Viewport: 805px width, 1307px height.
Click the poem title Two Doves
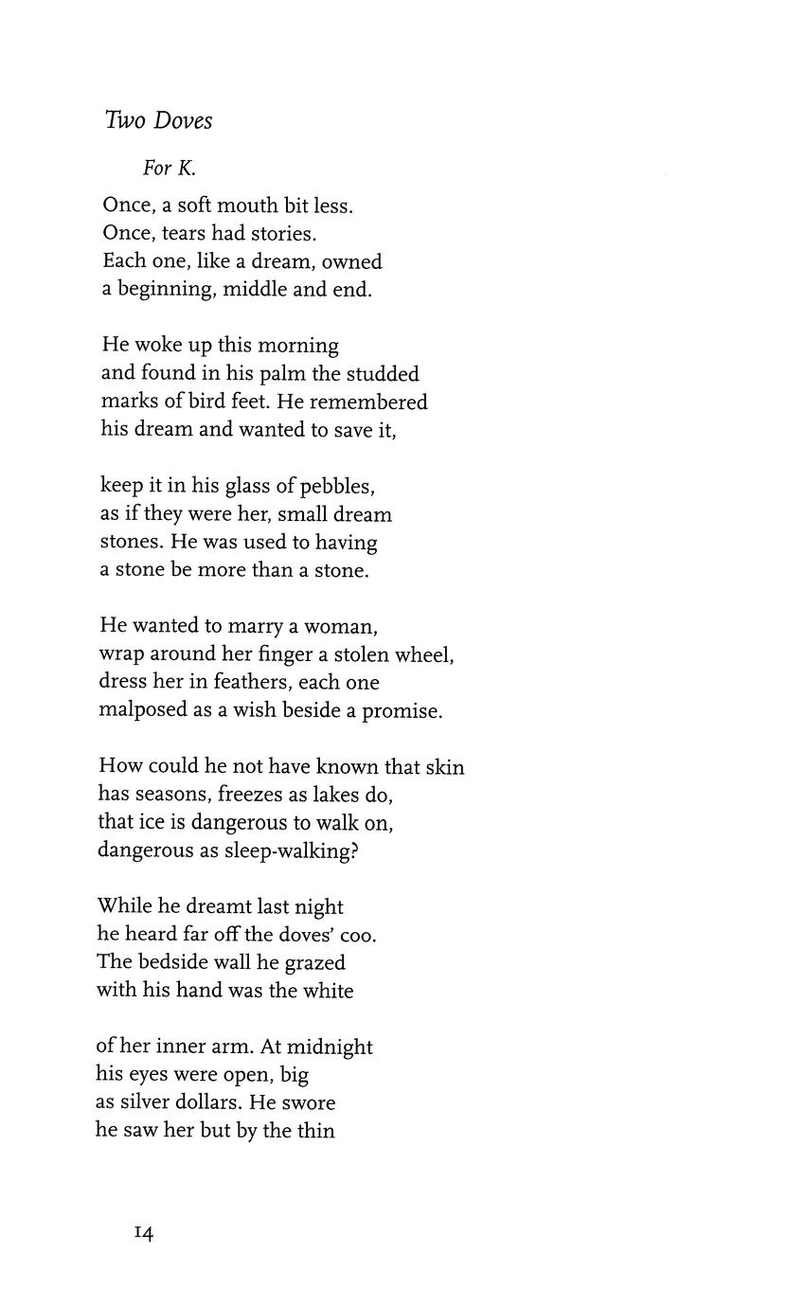(159, 121)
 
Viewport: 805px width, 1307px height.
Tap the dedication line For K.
(170, 169)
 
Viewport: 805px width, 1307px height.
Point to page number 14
(144, 1233)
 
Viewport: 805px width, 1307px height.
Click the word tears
(180, 233)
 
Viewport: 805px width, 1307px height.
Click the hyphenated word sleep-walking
(290, 850)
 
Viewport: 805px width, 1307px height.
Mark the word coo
(358, 936)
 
